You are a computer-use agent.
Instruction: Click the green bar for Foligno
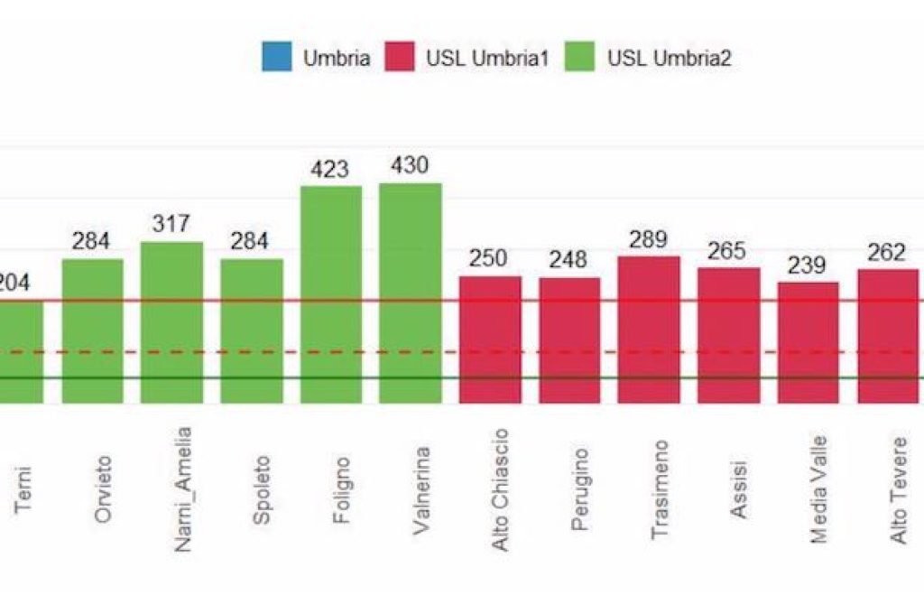(331, 294)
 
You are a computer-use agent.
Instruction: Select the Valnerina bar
(411, 293)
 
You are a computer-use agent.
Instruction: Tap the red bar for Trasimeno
(649, 330)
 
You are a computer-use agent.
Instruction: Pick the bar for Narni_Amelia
(171, 322)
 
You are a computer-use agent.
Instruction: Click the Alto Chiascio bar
(490, 340)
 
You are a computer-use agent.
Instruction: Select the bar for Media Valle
(808, 342)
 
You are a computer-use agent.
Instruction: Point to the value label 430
(411, 166)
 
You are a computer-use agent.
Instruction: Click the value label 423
(331, 169)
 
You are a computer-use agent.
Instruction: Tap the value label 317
(171, 224)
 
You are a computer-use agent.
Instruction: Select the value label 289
(649, 239)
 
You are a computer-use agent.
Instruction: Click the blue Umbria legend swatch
(277, 59)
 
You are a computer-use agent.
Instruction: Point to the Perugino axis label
(579, 488)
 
